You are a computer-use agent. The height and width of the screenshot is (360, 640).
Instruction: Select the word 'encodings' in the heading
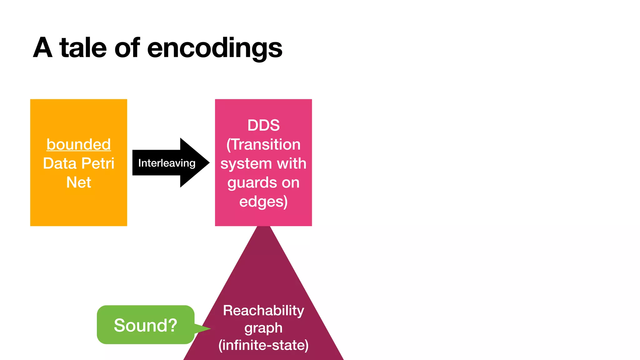[x=215, y=48]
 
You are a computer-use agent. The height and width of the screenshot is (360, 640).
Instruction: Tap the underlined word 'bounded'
[x=79, y=144]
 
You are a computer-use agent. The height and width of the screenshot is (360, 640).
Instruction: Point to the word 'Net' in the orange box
[x=79, y=182]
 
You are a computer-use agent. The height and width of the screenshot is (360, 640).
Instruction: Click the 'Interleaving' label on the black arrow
[x=167, y=163]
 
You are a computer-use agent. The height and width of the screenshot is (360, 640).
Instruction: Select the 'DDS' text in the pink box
[x=263, y=125]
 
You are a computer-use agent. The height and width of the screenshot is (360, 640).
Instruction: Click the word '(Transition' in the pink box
[x=263, y=145]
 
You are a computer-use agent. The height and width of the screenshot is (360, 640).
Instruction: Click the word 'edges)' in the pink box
[x=263, y=202]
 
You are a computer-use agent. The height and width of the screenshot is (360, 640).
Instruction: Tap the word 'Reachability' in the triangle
[x=263, y=311]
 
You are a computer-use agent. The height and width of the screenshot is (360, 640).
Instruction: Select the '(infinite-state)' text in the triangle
[x=263, y=345]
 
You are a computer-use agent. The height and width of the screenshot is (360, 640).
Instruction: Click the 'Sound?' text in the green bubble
[x=146, y=325]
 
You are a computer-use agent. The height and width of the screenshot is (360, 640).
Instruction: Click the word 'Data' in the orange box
[x=60, y=163]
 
